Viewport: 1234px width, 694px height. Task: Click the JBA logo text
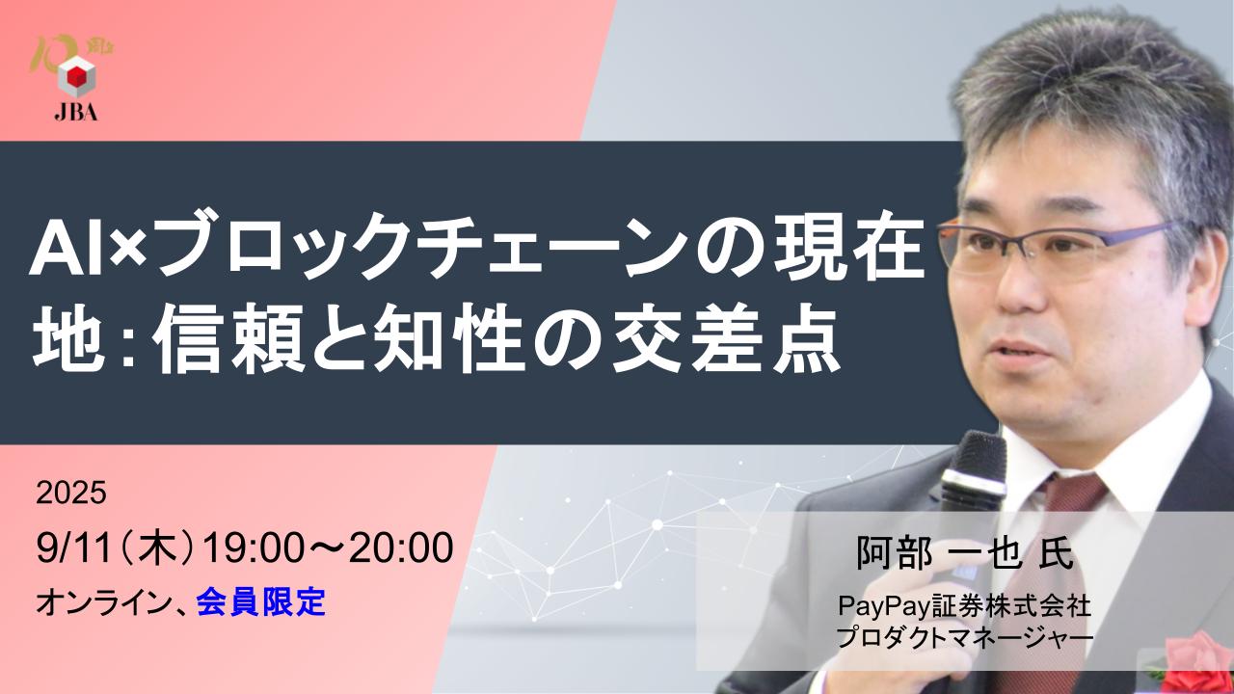click(76, 112)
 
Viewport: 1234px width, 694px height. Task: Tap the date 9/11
click(71, 549)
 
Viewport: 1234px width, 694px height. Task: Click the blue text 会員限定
click(260, 603)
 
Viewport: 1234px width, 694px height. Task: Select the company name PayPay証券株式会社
click(964, 607)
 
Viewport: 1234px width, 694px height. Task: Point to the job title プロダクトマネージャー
click(964, 637)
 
